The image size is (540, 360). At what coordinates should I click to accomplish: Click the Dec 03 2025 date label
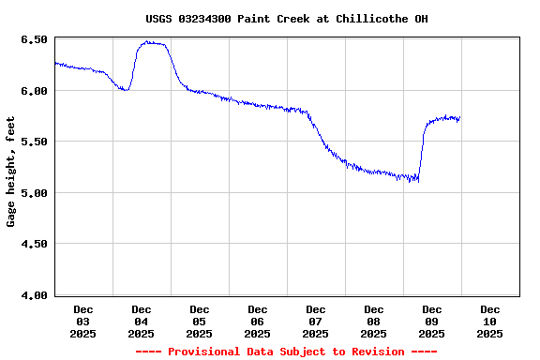point(83,321)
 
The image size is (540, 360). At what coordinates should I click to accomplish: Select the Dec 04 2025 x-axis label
point(142,321)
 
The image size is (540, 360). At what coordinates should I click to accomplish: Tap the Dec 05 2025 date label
point(200,321)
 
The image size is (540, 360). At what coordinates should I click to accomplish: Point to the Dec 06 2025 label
point(258,321)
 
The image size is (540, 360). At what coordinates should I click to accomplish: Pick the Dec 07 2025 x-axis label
point(316,321)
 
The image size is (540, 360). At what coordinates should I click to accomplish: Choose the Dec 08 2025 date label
point(374,321)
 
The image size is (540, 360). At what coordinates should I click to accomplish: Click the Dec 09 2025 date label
point(432,321)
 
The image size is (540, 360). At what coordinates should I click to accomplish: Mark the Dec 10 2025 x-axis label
point(490,321)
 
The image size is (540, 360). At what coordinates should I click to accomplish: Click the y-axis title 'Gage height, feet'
point(11,172)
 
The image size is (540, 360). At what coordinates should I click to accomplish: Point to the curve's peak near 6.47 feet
point(150,42)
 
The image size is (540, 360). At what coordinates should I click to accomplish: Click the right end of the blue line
point(459,118)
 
